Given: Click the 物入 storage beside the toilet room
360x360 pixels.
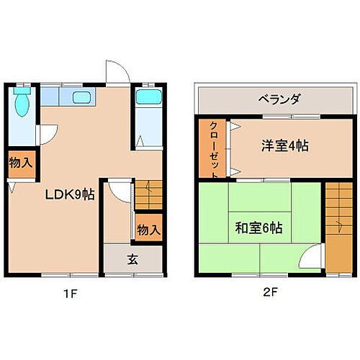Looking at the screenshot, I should coord(20,163).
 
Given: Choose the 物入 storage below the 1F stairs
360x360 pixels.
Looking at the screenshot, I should coord(148,230).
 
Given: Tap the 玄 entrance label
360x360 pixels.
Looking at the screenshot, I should coord(133,260).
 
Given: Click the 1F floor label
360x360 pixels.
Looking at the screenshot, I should coord(68,294).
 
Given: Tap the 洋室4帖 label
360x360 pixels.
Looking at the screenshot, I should coord(284,145).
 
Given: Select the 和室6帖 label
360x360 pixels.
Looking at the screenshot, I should coord(258,228).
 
